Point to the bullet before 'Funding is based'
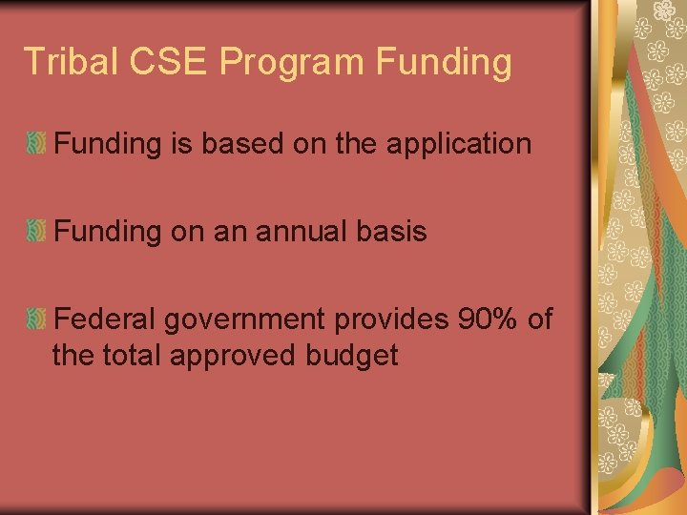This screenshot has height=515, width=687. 36,144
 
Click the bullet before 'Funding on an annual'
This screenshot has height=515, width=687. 36,231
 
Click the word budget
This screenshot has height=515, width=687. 352,357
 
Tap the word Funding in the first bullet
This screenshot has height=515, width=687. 107,145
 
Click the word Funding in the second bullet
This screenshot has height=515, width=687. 107,232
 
